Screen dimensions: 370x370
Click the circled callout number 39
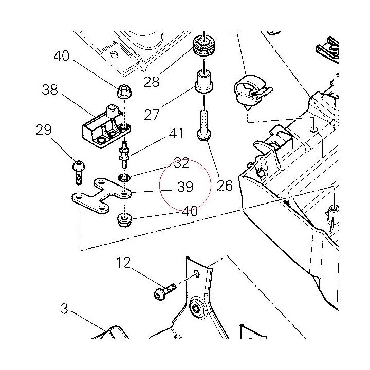coord(185,187)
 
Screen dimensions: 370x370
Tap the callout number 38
coord(50,89)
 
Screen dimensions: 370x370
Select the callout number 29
coord(44,130)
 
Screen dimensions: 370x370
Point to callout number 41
coord(176,134)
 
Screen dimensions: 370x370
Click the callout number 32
coord(181,163)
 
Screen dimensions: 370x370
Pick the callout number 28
coord(152,82)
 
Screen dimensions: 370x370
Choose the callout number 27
coord(152,115)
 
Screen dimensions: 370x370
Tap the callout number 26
coord(225,186)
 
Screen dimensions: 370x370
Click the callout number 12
coord(123,263)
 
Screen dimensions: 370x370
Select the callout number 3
coord(64,309)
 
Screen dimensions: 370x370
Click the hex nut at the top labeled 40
coord(124,91)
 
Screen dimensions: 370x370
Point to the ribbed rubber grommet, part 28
coord(205,46)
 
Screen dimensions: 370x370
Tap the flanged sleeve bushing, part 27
coord(205,81)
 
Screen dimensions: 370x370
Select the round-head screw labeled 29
coord(79,172)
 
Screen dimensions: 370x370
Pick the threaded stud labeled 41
coord(124,154)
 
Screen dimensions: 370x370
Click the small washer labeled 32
coord(124,178)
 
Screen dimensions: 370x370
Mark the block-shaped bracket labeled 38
coord(107,126)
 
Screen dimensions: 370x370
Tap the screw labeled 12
coord(165,291)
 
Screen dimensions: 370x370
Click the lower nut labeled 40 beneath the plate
coord(124,220)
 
